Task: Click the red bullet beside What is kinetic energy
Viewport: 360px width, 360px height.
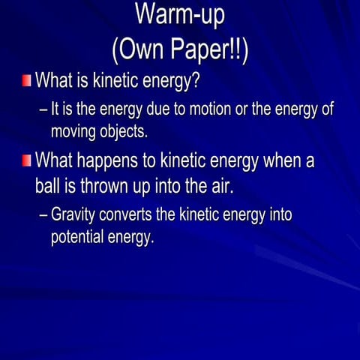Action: coord(27,79)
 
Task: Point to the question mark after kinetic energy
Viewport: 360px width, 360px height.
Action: coord(196,79)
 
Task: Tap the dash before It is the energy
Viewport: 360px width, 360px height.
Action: coord(43,109)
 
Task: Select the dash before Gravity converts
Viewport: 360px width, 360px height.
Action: coord(43,215)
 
